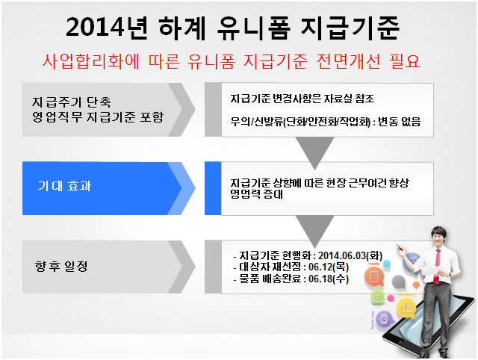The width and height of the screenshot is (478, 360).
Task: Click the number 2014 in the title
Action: [95, 28]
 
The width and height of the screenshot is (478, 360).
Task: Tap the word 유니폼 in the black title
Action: [254, 28]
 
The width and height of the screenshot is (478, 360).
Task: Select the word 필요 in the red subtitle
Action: [405, 61]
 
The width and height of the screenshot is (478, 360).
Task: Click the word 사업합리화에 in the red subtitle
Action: [91, 61]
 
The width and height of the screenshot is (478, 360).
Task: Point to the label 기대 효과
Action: [64, 186]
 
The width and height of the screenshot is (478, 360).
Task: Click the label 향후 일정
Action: [61, 266]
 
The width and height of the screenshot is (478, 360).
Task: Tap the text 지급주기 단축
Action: [72, 102]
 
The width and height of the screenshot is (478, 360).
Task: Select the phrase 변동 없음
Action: [400, 122]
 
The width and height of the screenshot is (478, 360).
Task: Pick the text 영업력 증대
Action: [257, 194]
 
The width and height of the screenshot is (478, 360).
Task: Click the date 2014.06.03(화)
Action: [350, 255]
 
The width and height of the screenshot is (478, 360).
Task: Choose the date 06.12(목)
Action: [329, 267]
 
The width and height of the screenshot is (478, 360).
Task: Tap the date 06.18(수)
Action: [329, 279]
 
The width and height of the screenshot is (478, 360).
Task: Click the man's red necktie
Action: [438, 266]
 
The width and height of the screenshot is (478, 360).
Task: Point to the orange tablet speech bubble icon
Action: [374, 276]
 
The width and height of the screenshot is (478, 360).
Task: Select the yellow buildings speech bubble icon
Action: [406, 308]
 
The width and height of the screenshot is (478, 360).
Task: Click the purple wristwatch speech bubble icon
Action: [384, 320]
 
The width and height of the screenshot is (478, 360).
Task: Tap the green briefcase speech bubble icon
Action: [378, 295]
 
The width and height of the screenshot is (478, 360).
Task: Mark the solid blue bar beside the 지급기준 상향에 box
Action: [213, 188]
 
